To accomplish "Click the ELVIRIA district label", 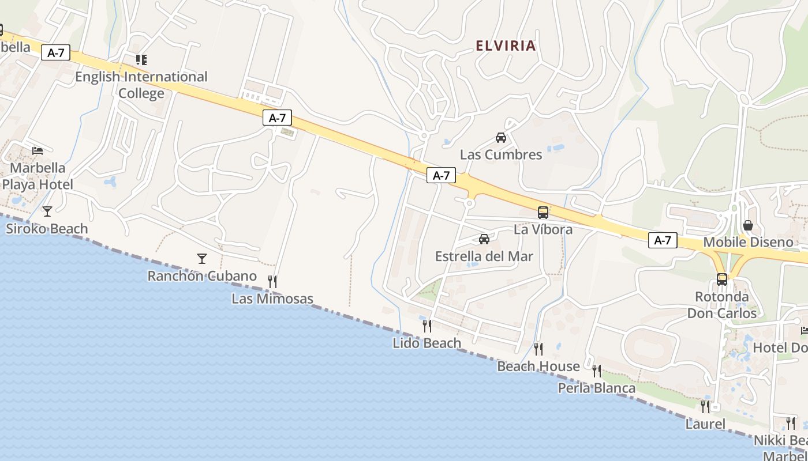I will point(506,46).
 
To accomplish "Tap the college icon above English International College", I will point(141,59).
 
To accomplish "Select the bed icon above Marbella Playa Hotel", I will point(38,151).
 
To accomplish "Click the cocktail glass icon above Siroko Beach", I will point(47,211).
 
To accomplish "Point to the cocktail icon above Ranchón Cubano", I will point(201,258).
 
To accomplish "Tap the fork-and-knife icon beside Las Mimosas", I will point(272,281).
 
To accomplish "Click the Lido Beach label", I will point(427,343).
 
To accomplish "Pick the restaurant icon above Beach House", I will point(538,349).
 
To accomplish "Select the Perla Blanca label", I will point(596,388).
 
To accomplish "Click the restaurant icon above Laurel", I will point(705,406).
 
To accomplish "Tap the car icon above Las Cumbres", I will point(500,138).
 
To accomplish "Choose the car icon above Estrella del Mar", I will point(484,239).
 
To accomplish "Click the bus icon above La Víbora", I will point(543,212).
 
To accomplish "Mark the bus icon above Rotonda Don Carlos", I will point(721,279).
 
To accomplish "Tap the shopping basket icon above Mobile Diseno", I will point(747,225).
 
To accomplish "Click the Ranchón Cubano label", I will point(201,275).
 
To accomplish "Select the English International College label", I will point(141,85).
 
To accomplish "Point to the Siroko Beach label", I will point(47,229).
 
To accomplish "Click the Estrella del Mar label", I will point(484,256).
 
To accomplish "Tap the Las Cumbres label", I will point(500,154).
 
